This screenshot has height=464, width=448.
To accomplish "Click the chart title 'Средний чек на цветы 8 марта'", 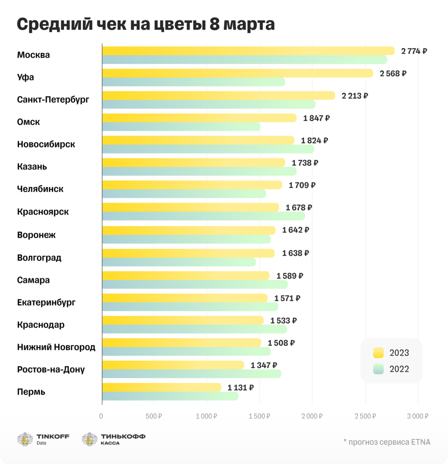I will (x=146, y=25).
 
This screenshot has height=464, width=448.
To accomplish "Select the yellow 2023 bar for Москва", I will (x=248, y=51).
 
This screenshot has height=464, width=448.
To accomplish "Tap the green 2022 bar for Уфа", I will (x=193, y=82).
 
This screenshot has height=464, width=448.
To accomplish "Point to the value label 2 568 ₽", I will (x=393, y=74).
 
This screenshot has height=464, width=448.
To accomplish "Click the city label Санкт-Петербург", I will (x=53, y=100).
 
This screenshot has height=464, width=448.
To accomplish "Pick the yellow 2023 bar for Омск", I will (x=199, y=118).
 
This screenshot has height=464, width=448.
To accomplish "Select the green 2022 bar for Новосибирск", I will (x=208, y=149).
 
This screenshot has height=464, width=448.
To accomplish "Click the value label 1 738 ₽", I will (x=305, y=163).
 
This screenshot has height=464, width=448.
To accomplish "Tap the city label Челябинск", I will (x=40, y=189).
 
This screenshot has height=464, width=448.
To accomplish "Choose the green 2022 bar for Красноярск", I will (x=203, y=216).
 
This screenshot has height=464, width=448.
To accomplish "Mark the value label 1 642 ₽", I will (x=295, y=230).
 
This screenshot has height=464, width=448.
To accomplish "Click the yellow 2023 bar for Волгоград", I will (x=188, y=253).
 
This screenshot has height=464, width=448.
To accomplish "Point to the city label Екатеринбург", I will (x=46, y=303).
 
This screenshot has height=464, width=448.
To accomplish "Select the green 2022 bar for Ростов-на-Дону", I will (x=191, y=374).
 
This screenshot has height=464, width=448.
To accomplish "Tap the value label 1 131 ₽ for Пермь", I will (x=241, y=388).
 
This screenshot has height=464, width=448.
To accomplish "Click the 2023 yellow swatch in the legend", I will (x=378, y=353).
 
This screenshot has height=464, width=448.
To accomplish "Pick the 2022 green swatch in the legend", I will (x=378, y=369).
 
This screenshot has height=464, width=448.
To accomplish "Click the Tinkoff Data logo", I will (x=43, y=439).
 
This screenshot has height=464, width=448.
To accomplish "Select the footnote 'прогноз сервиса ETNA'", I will (x=386, y=442).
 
